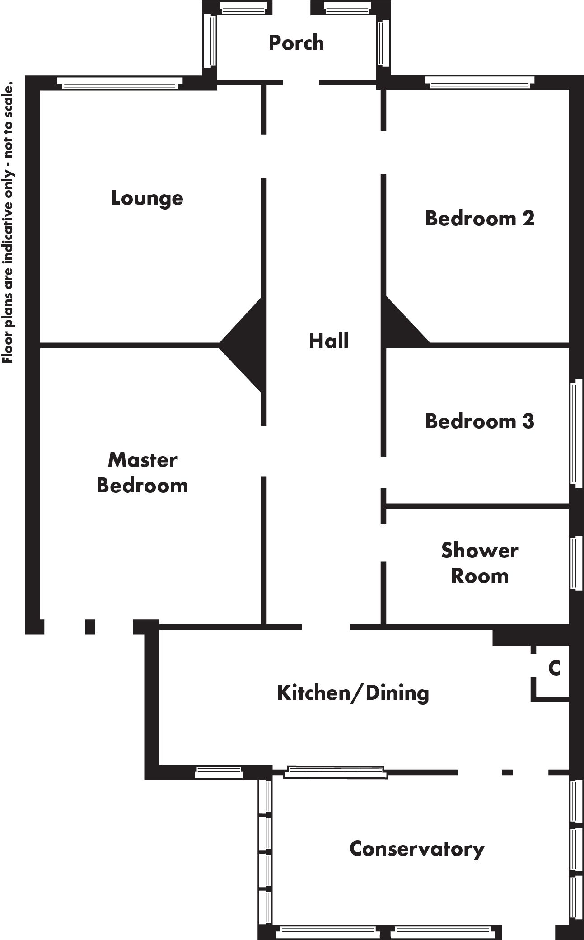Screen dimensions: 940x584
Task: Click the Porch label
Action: click(x=296, y=43)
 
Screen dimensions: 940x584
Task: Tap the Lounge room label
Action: click(x=147, y=198)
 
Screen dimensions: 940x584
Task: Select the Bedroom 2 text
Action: click(x=480, y=219)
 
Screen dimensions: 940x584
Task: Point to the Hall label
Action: click(x=328, y=341)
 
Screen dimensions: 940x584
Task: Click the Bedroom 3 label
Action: click(x=480, y=421)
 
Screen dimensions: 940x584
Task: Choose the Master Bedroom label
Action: click(x=142, y=472)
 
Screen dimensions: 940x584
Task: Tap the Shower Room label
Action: click(x=480, y=563)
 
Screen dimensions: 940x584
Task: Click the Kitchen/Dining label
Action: click(x=353, y=692)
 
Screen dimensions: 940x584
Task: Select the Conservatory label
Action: click(x=417, y=849)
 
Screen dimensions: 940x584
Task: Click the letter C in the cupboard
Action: click(x=554, y=668)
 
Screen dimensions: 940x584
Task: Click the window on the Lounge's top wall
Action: click(x=120, y=83)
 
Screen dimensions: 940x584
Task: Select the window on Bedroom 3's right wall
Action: click(x=576, y=433)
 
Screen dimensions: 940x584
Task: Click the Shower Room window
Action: click(x=576, y=563)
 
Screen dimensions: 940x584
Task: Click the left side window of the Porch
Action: click(x=210, y=41)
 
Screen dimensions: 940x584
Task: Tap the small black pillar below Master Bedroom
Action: click(x=90, y=627)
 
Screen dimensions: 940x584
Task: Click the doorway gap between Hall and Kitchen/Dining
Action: click(x=326, y=627)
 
